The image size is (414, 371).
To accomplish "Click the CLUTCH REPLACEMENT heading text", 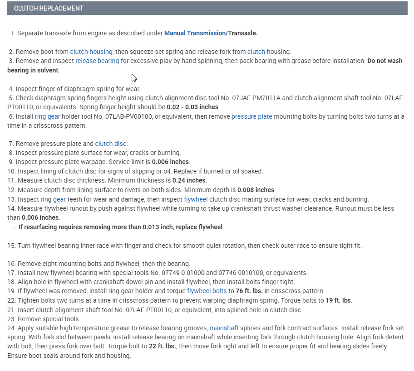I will [49, 8].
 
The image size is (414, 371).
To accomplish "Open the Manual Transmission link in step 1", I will [195, 33].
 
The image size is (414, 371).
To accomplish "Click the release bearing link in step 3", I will [97, 61].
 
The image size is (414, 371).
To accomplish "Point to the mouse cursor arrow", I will [134, 77].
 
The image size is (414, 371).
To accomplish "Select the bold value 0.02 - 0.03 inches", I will [192, 107].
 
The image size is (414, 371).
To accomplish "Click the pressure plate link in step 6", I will [251, 116].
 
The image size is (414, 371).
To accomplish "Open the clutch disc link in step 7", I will [111, 144].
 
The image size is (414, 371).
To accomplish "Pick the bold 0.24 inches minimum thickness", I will [189, 180].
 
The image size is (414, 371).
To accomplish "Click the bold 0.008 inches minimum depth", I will [256, 190].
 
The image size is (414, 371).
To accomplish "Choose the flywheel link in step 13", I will [196, 199].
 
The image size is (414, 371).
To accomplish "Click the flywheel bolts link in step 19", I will [207, 291].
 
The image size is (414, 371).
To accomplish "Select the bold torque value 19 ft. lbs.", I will [339, 300].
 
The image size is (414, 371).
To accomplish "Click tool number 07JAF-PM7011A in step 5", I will [230, 98].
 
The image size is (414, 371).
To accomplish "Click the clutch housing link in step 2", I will [91, 52].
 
